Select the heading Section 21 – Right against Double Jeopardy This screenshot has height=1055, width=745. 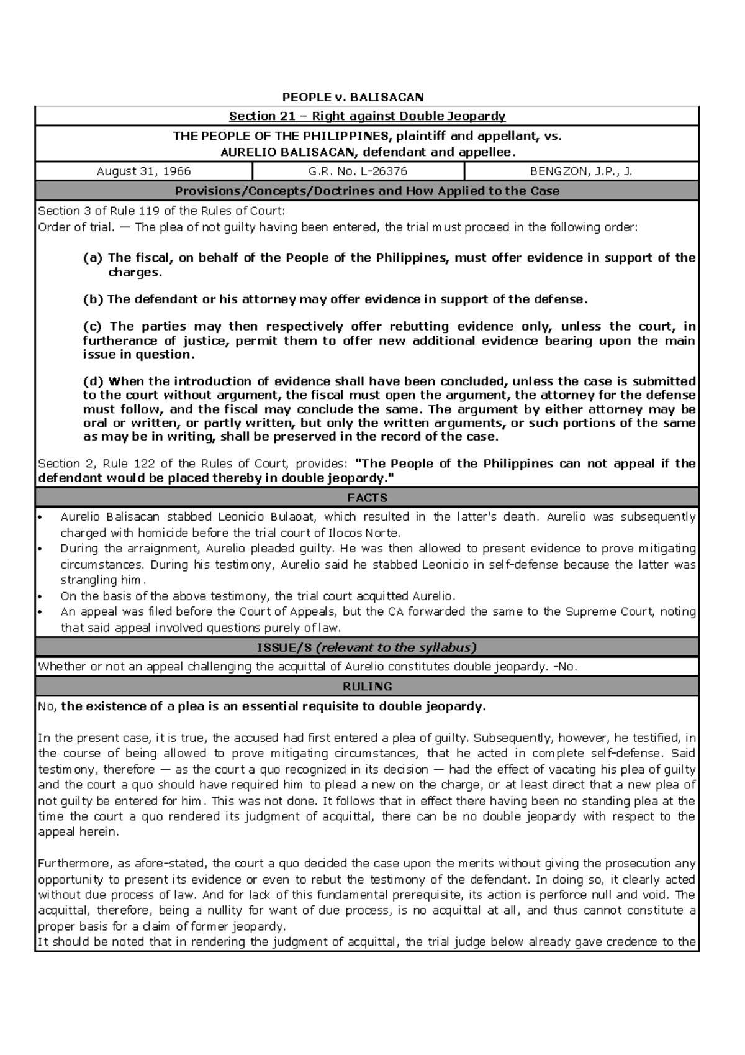(367, 116)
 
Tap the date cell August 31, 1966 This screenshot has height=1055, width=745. (143, 171)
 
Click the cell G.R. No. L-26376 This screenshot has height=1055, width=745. (358, 171)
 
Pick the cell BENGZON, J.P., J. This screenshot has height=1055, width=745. (580, 171)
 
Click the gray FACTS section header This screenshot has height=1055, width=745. (367, 498)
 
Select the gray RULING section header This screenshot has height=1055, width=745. (367, 687)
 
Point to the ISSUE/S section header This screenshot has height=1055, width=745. (367, 647)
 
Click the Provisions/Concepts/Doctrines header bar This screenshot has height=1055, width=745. (367, 191)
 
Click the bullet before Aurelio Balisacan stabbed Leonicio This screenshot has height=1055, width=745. (40, 518)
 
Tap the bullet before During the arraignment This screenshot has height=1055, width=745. (40, 549)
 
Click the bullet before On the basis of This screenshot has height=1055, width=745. (40, 596)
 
